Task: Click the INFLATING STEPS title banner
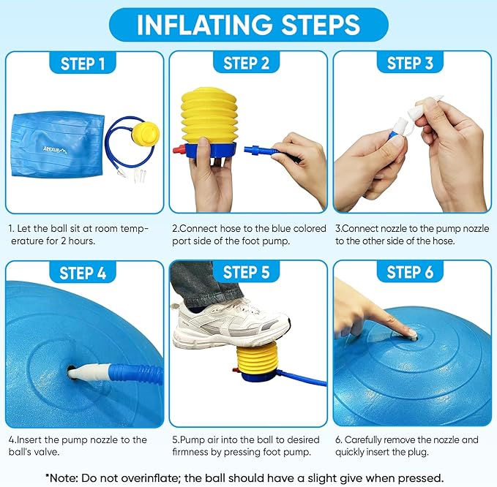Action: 248,24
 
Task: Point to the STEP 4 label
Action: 83,273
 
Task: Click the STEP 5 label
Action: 247,273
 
